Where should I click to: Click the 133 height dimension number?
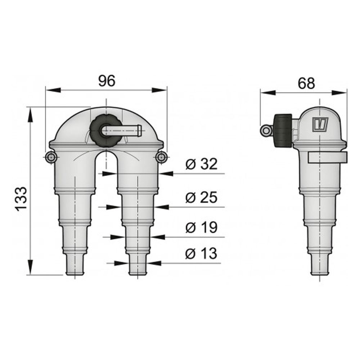(x=22, y=198)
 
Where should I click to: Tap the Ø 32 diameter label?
(x=201, y=165)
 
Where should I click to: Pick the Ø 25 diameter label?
(x=201, y=197)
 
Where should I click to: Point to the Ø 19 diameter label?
(x=201, y=228)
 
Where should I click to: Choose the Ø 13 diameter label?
(x=201, y=254)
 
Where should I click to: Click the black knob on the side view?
(x=283, y=130)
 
